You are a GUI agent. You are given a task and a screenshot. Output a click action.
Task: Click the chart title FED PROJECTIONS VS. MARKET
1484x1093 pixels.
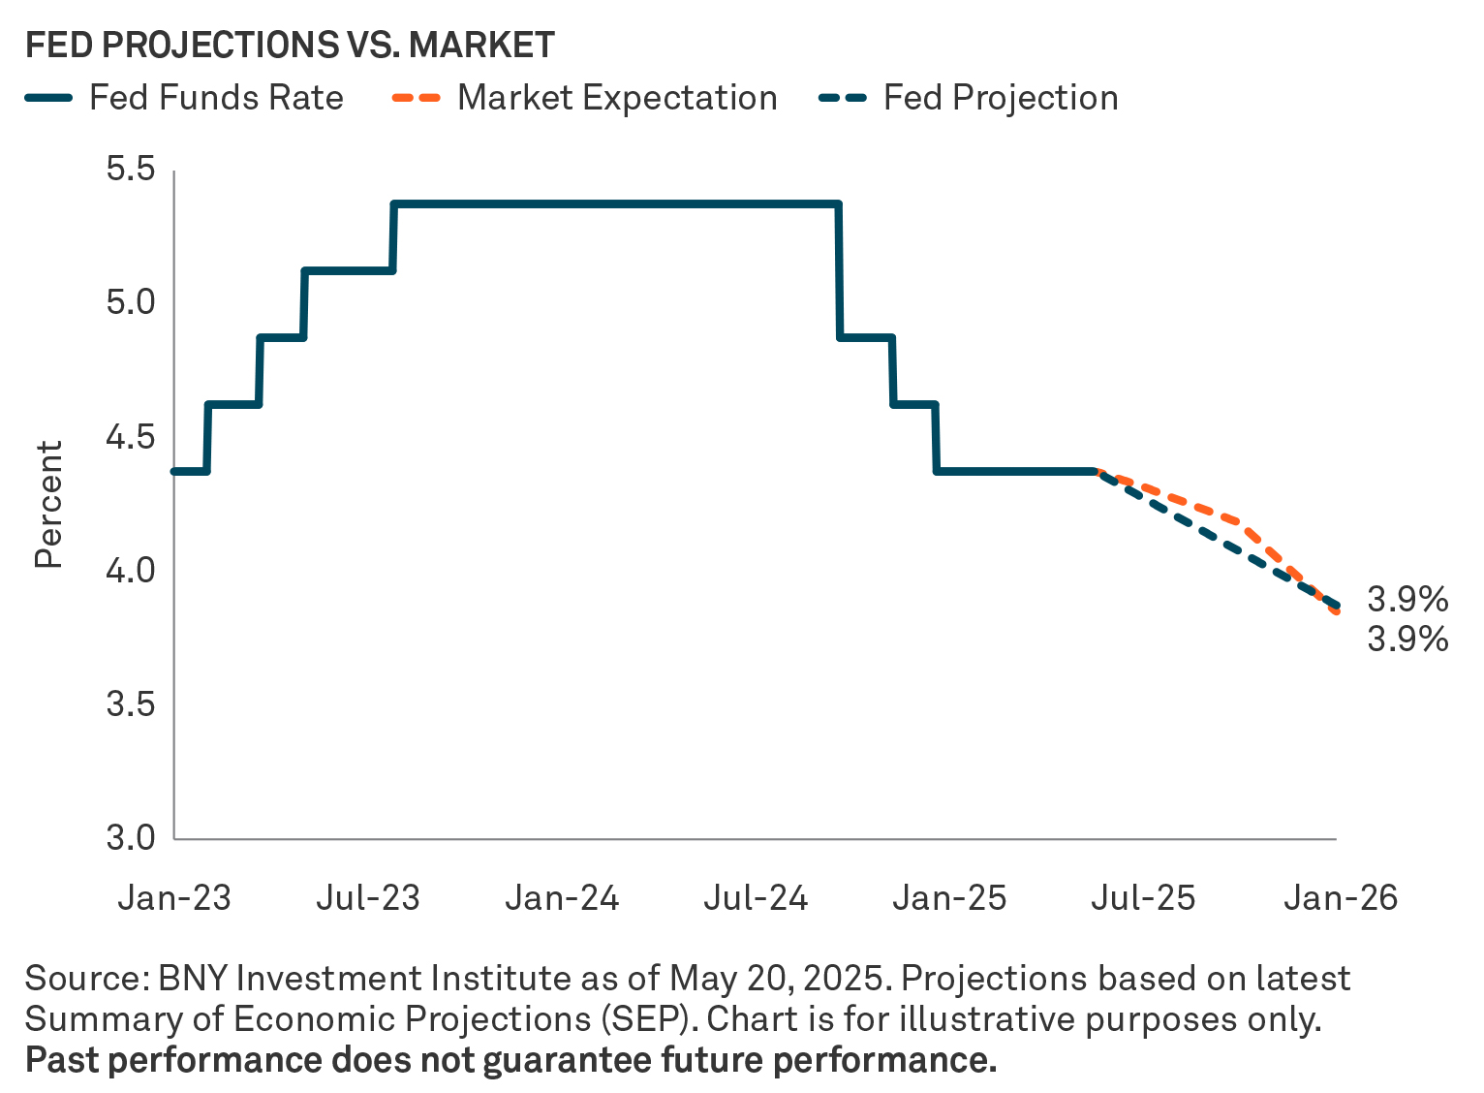click(290, 46)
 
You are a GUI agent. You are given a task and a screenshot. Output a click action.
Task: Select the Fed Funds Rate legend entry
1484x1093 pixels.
click(184, 98)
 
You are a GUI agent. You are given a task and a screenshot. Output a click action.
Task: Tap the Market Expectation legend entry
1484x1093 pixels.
click(585, 98)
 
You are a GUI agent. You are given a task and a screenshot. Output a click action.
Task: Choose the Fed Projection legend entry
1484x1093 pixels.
click(969, 98)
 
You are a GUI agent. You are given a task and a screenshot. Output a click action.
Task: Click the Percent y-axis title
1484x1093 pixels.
click(48, 504)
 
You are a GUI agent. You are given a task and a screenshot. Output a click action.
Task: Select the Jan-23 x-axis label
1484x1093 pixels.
click(174, 898)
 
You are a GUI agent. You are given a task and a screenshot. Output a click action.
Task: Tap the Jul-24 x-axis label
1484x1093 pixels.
click(756, 898)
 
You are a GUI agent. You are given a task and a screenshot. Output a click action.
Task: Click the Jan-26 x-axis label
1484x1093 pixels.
click(1341, 898)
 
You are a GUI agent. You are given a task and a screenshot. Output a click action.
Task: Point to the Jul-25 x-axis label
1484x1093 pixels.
click(1143, 898)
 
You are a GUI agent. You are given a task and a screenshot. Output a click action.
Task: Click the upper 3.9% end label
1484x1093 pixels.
click(1407, 601)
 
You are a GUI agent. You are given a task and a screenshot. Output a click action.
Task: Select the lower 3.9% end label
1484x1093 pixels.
click(1407, 640)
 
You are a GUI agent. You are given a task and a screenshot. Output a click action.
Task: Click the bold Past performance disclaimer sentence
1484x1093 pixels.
click(510, 1060)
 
